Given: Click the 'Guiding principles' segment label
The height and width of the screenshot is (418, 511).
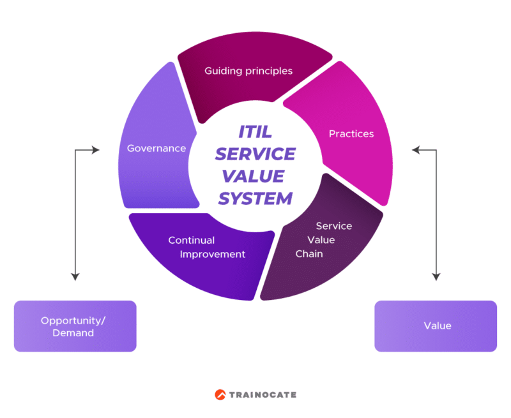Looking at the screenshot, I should [x=248, y=71].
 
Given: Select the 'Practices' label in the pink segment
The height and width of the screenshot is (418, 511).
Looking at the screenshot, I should [x=351, y=133].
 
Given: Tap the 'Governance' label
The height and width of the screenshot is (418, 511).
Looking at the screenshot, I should [x=156, y=148].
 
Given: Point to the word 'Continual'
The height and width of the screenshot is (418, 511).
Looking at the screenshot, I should [x=191, y=241].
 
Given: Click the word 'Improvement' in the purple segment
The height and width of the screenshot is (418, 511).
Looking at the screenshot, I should [x=212, y=254].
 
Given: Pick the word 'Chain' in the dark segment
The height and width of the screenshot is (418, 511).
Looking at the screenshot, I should [x=309, y=254].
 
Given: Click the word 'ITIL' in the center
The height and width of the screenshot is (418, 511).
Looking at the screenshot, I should [x=255, y=133].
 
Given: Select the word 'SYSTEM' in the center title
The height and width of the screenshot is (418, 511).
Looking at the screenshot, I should [x=255, y=198].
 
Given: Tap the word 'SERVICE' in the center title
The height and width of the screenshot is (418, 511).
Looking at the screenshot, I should [x=255, y=154].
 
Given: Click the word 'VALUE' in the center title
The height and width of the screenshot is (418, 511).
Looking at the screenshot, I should [x=255, y=176].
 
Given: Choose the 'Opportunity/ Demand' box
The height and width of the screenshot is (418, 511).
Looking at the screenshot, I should [x=75, y=326].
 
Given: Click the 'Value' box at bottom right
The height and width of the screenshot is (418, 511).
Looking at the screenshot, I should [x=436, y=326].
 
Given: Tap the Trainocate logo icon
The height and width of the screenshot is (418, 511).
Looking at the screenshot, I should [x=220, y=394].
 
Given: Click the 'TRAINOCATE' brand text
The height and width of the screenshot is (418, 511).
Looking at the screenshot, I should [x=263, y=394].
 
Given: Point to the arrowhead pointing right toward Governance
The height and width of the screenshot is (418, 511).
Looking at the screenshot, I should [x=96, y=150].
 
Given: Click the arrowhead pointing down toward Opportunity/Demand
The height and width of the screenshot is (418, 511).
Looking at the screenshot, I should [x=75, y=277].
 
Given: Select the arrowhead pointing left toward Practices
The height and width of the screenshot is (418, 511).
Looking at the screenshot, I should [x=415, y=150].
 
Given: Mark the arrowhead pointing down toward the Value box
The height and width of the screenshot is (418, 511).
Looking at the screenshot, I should [x=436, y=277].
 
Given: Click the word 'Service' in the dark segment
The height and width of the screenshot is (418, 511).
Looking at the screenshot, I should [x=333, y=226].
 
